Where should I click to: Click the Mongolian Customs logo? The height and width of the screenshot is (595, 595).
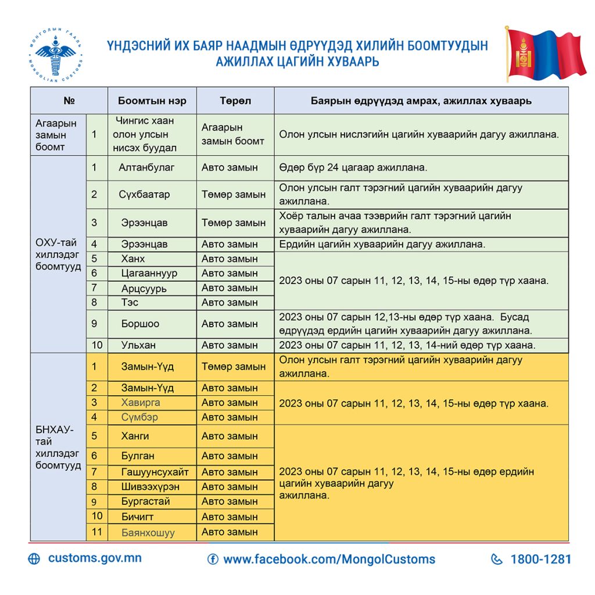(56, 56)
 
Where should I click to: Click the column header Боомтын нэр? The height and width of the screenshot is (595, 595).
(152, 101)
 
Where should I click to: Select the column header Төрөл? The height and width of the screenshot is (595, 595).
(235, 101)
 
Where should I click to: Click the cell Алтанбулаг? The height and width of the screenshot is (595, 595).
(146, 167)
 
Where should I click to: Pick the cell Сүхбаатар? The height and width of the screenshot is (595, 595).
(145, 194)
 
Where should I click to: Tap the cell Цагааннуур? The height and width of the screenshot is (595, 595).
(149, 273)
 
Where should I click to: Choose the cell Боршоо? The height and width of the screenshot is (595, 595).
(140, 324)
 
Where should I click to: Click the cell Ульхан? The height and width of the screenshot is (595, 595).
(138, 345)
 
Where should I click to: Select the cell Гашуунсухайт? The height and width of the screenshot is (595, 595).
(155, 472)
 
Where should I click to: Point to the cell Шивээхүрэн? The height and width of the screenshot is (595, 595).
(150, 486)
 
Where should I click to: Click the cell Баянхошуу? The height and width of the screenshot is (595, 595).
(148, 532)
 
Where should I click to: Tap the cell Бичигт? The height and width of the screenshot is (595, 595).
(137, 516)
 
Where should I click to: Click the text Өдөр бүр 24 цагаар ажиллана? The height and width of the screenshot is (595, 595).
(353, 167)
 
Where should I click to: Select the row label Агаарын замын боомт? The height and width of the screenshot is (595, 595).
(51, 135)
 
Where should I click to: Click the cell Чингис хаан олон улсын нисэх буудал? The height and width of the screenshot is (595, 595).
(145, 134)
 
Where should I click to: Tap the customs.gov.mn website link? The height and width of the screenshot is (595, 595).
(95, 558)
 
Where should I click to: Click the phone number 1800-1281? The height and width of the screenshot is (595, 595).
(540, 560)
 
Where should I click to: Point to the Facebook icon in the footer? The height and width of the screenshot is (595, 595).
(213, 560)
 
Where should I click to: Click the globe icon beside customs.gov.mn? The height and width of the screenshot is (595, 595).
(34, 559)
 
